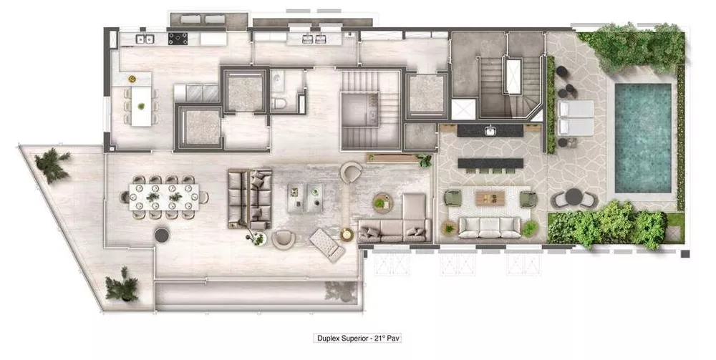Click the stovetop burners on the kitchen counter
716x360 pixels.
(178, 38)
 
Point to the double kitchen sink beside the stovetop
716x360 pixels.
(145, 38)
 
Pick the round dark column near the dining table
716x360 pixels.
(162, 235)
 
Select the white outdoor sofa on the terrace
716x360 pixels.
(490, 227)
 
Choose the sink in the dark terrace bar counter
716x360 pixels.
(490, 131)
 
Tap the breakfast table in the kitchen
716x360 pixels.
(141, 104)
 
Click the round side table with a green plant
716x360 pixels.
(379, 204)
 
